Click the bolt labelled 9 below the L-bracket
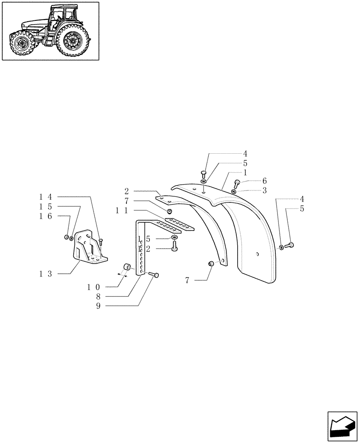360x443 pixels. [155, 275]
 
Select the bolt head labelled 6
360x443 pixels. [237, 182]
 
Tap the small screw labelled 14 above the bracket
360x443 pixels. [101, 241]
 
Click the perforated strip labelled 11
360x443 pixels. [179, 223]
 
